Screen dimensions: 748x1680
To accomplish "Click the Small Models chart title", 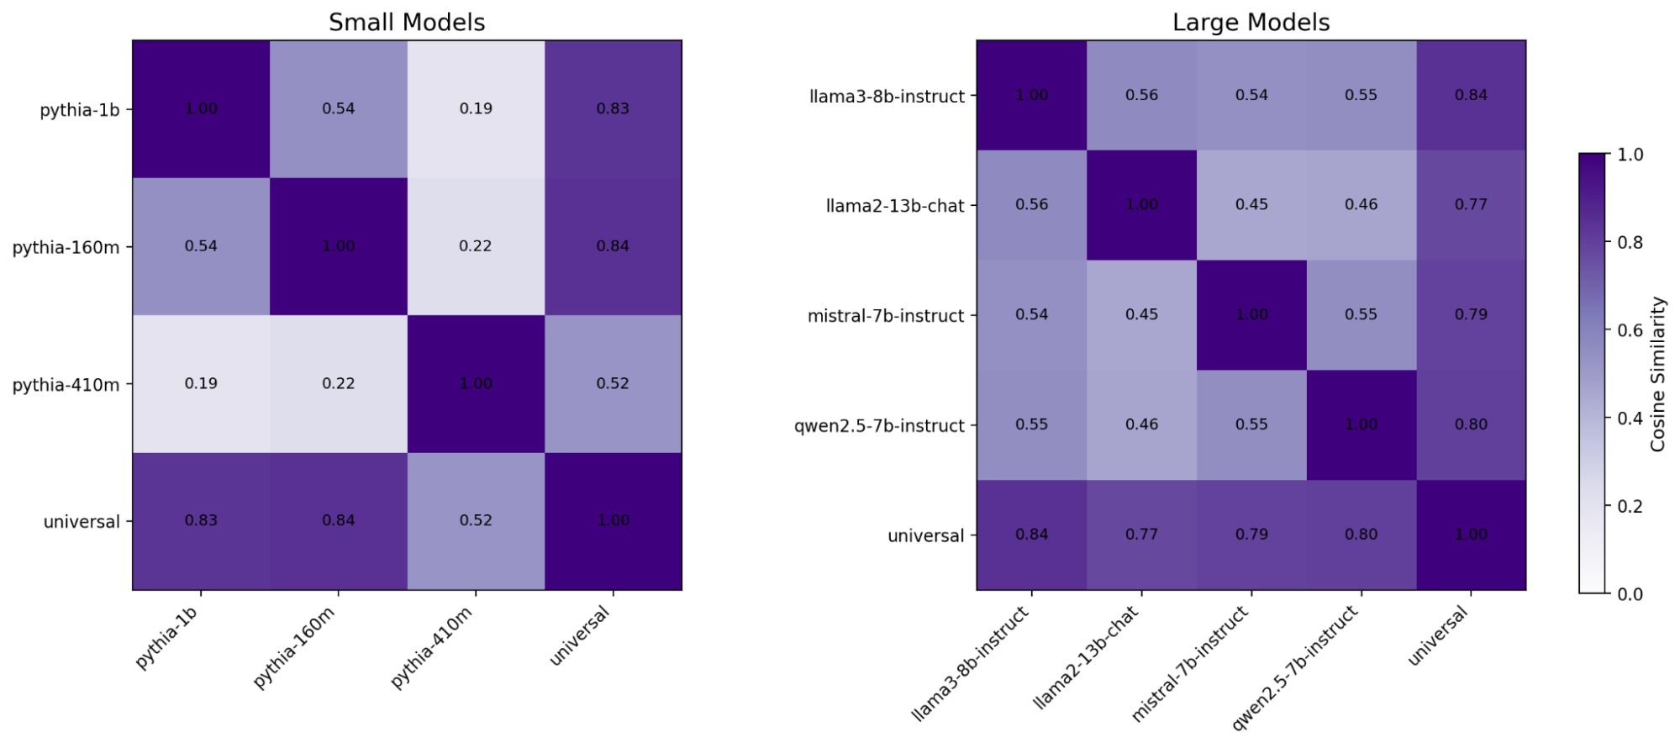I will [x=407, y=22].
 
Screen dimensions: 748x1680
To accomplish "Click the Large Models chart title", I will [x=1251, y=22].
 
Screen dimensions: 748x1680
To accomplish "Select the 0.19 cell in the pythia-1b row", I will [x=476, y=108].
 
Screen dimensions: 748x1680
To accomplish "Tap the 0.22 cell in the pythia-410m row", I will [x=338, y=383].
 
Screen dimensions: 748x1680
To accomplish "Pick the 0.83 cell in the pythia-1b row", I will [x=613, y=108].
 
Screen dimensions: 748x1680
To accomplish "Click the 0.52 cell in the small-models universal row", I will [x=476, y=520].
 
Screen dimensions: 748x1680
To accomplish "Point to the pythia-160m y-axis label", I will [x=66, y=247].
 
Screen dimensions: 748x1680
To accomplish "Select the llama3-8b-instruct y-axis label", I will [x=887, y=97].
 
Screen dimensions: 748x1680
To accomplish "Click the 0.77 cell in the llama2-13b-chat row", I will [x=1471, y=204].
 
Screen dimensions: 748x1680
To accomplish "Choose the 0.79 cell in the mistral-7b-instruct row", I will [x=1471, y=314].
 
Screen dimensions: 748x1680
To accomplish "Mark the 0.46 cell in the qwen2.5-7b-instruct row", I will [x=1141, y=424].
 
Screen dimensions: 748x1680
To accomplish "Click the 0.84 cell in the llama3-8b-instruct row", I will [x=1471, y=95].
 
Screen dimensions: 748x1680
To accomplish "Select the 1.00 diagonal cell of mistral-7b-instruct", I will [x=1251, y=314].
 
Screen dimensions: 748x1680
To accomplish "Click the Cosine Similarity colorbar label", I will [x=1657, y=374].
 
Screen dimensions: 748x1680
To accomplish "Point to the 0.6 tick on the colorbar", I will [x=1630, y=330].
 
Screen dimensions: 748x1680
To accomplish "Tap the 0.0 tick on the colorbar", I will [x=1630, y=594].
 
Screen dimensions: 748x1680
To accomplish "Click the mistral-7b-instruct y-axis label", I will [x=886, y=316].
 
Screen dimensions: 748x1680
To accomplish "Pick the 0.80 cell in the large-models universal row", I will [x=1361, y=535].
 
